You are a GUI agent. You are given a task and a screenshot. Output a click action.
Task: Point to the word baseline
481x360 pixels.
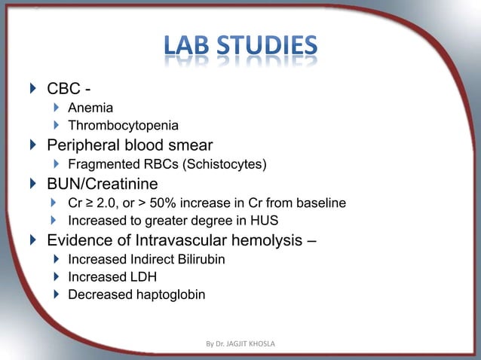point(320,203)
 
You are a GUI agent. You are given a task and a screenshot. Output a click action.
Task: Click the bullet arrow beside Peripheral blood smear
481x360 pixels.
point(31,145)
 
